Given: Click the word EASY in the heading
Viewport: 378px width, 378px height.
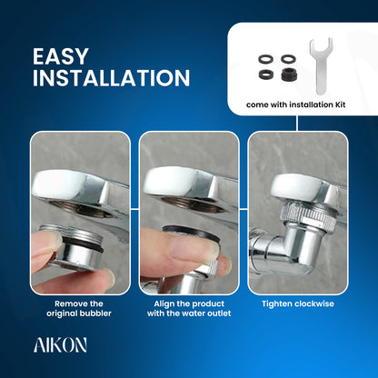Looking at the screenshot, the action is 60,56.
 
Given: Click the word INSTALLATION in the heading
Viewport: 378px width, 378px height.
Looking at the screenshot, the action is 111,78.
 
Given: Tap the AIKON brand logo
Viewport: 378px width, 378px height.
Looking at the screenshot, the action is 60,345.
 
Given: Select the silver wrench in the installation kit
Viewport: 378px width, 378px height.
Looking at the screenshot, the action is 321,65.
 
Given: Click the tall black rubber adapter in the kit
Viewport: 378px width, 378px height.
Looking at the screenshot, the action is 288,75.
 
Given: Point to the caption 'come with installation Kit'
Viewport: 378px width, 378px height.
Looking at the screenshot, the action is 295,104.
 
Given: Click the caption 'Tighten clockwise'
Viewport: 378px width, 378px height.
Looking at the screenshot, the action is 298,303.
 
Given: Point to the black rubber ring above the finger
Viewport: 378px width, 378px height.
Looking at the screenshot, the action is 191,234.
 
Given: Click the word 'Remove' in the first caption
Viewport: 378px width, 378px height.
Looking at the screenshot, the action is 71,303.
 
